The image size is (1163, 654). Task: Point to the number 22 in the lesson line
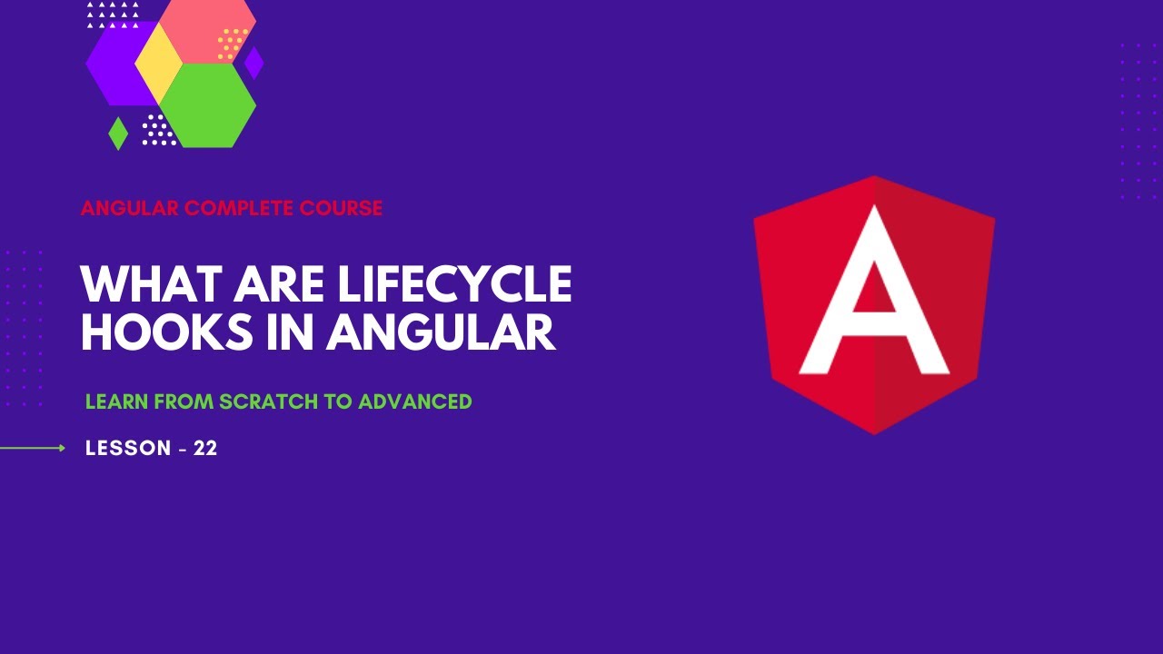205,448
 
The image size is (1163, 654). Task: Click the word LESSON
128,448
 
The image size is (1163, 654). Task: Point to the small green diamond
118,134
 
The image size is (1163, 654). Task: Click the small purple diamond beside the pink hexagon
253,63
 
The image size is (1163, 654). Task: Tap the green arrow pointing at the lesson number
33,448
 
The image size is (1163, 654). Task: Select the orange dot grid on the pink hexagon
232,44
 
